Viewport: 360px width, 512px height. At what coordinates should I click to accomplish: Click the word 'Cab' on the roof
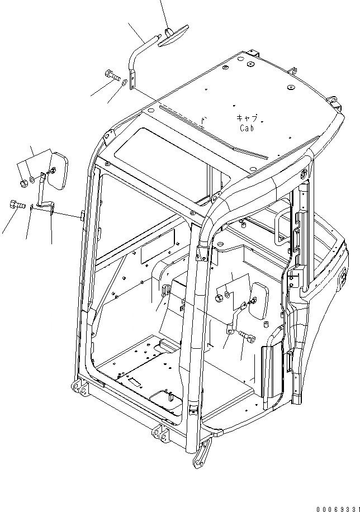click(247, 128)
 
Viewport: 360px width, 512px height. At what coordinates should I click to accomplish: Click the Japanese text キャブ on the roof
click(247, 118)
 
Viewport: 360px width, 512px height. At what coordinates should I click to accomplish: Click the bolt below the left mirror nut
click(16, 205)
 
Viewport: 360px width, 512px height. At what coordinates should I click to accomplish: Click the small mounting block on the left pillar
click(82, 215)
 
